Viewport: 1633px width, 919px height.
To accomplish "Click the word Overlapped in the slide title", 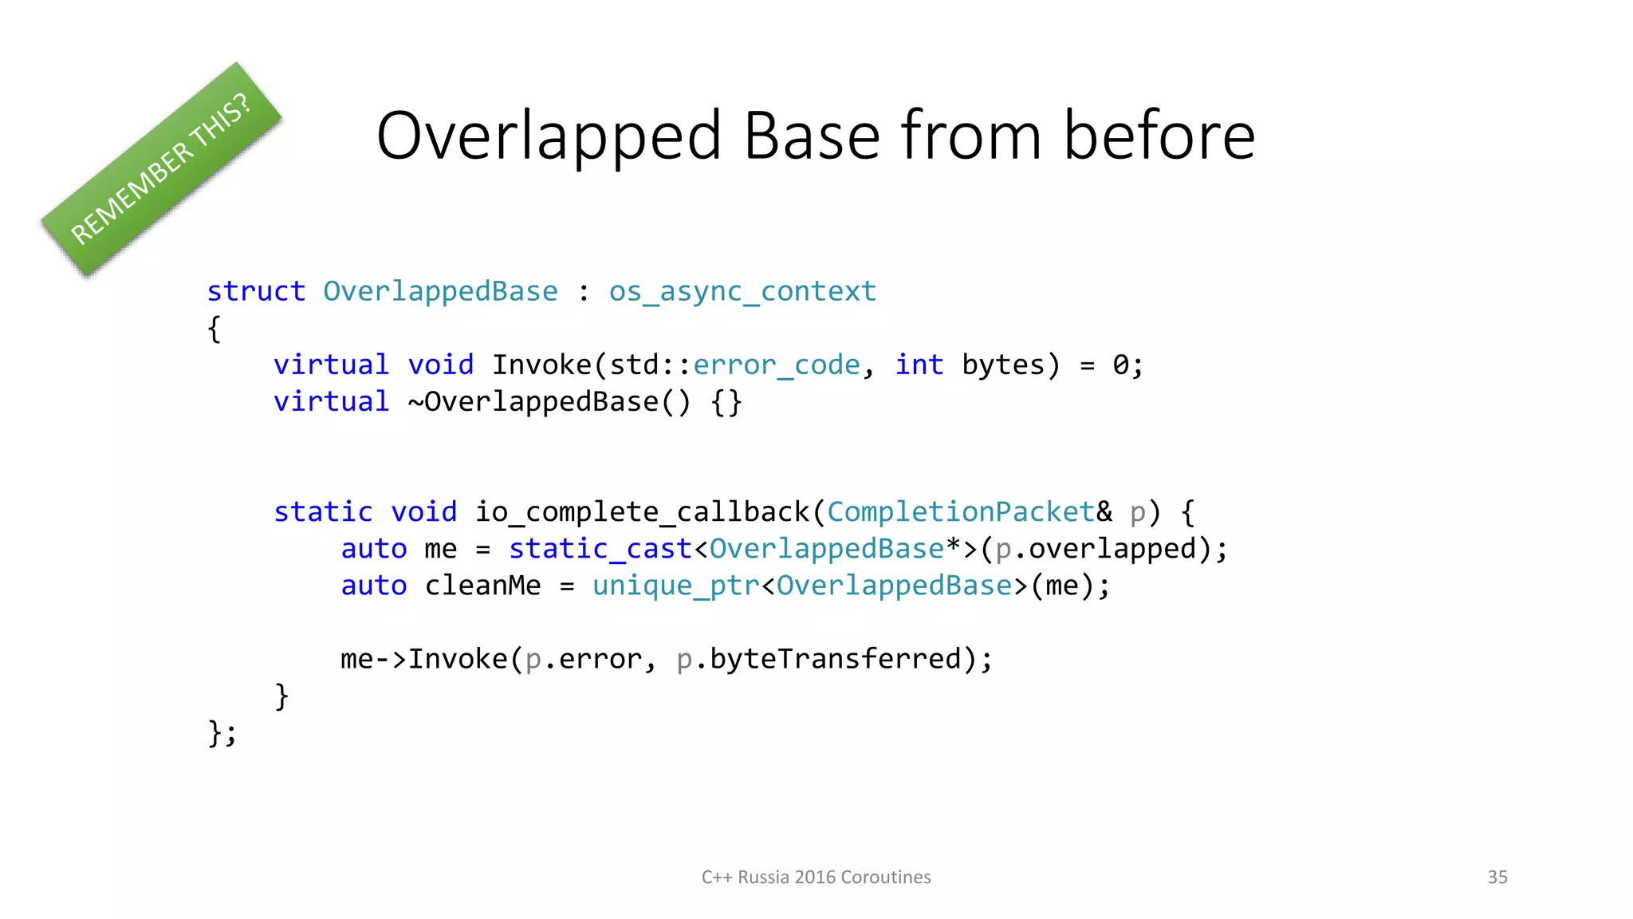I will (549, 136).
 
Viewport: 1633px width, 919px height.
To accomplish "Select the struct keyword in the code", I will (256, 291).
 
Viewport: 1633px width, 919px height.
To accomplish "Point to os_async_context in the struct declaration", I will (742, 292).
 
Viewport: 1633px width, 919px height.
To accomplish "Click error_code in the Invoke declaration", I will (777, 365).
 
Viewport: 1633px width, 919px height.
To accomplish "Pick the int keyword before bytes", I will (919, 365).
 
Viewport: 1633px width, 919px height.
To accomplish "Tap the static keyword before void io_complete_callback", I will (323, 511).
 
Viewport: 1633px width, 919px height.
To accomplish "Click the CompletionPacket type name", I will (961, 511).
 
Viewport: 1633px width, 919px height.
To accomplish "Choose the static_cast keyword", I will (600, 549).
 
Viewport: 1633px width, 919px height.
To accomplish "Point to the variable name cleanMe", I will (482, 586).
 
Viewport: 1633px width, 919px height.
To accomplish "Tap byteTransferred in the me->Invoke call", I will (835, 659).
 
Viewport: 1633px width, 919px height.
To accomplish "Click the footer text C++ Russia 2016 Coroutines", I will (816, 877).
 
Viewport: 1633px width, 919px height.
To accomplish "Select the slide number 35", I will (1497, 877).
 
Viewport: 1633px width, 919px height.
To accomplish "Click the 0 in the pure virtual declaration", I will (1121, 365).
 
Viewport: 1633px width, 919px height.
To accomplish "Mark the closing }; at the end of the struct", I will (222, 732).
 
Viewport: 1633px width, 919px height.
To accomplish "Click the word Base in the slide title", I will (812, 136).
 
